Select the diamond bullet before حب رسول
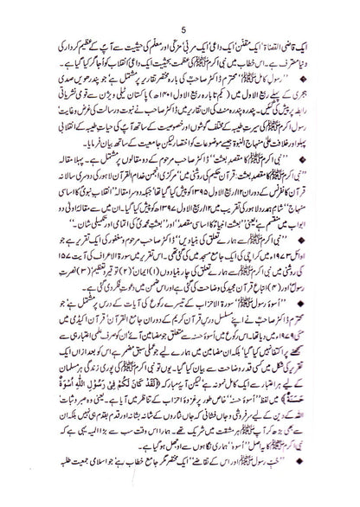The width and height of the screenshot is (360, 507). click(339, 478)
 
